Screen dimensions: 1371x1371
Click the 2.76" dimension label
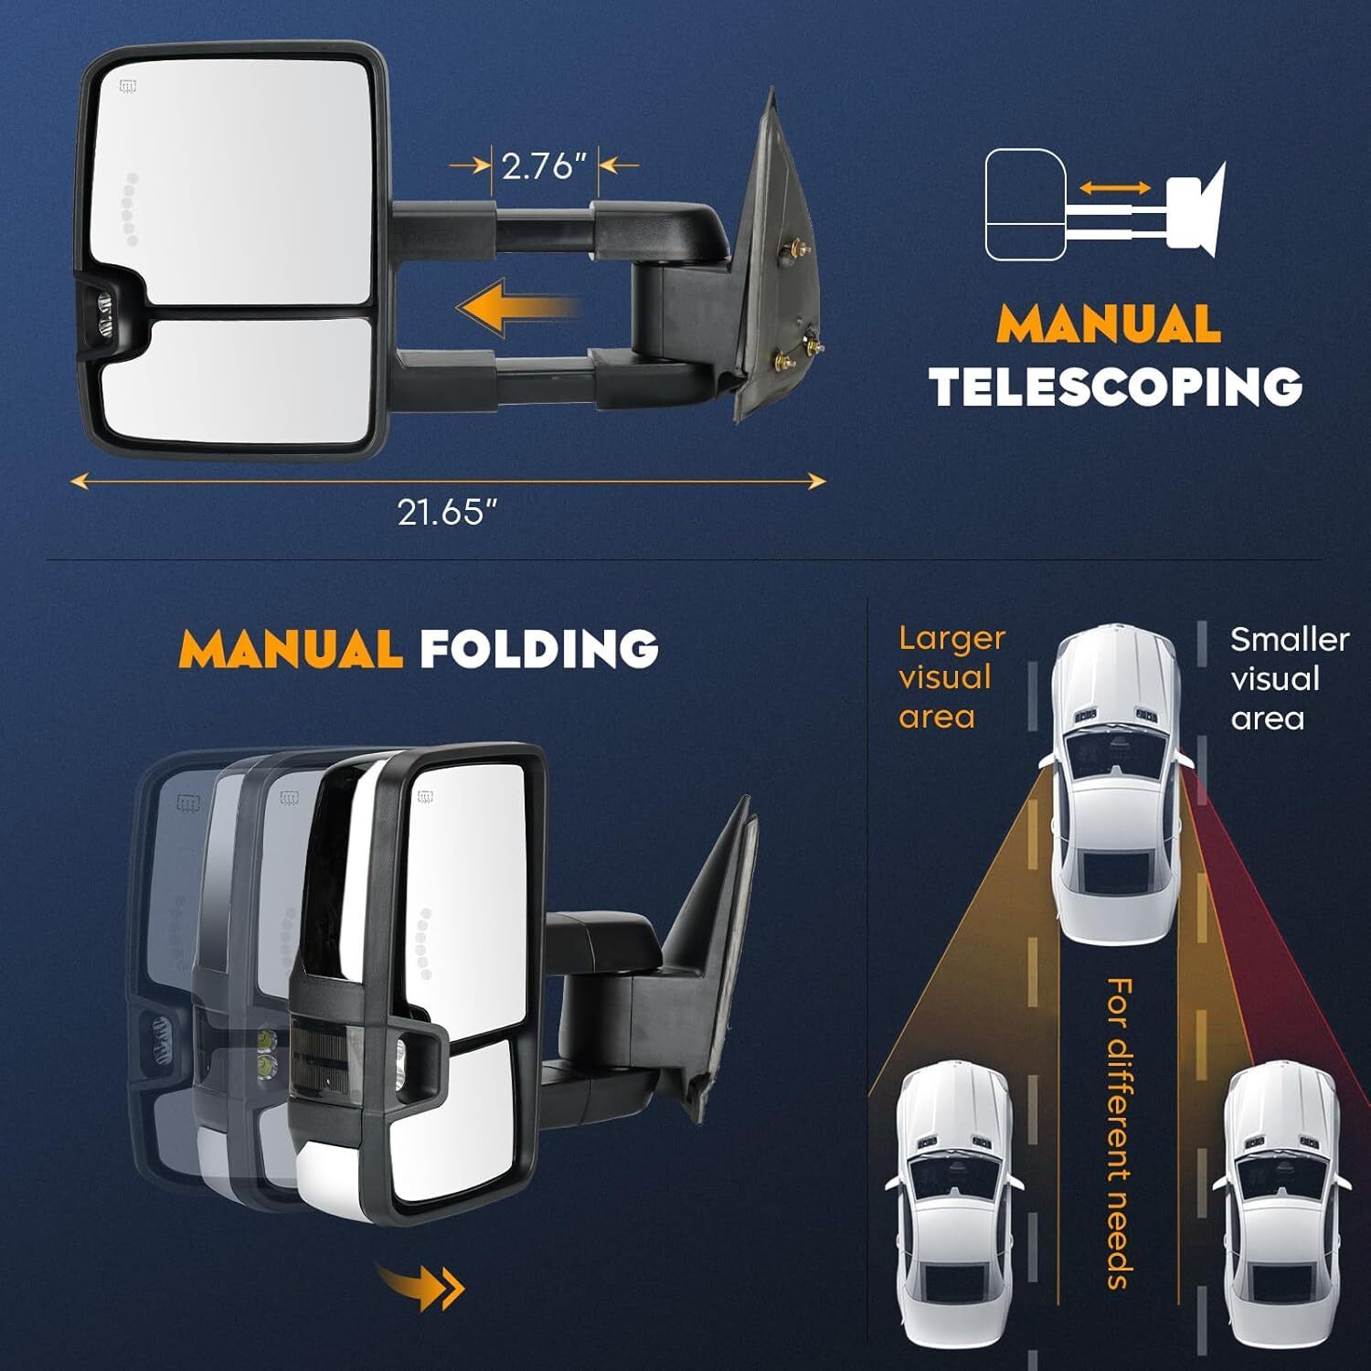click(x=543, y=166)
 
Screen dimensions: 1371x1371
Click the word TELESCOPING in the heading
click(x=1116, y=387)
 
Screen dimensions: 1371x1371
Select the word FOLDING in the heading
click(x=539, y=648)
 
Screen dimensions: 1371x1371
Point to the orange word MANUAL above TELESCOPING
click(x=1109, y=323)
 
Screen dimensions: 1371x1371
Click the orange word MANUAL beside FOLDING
click(x=291, y=648)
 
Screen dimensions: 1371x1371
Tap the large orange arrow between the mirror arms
click(x=517, y=308)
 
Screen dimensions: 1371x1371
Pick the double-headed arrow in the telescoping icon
click(x=1115, y=187)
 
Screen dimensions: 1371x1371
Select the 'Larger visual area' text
click(x=951, y=677)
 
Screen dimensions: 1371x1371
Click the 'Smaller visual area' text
click(x=1289, y=679)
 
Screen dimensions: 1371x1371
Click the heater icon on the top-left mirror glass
click(x=128, y=88)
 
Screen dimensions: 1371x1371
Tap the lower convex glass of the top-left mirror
click(x=237, y=380)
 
